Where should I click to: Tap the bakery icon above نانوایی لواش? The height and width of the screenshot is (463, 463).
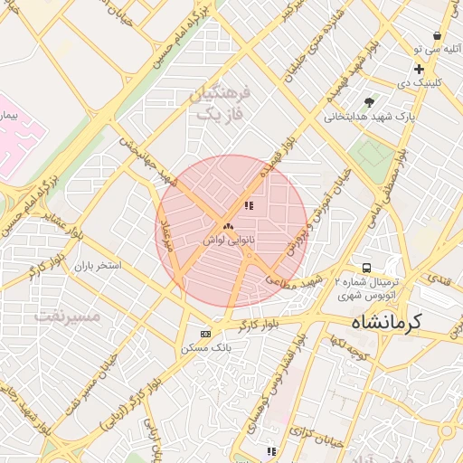coord(227,226)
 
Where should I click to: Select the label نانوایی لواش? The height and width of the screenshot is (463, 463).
coord(227,240)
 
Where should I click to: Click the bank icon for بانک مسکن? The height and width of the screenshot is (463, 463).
coord(206,333)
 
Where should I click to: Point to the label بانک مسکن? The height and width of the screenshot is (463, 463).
coord(206,347)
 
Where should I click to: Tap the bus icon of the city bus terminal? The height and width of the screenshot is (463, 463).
coord(366,268)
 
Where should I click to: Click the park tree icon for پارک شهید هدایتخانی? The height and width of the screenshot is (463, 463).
coord(368,102)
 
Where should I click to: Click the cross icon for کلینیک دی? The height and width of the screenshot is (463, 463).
coord(419,69)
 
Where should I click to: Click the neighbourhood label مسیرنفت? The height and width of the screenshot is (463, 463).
coord(67,316)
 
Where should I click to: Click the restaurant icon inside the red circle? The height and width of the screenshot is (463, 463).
coord(249,206)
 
